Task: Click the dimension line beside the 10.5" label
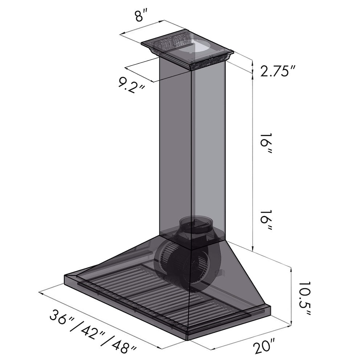291,296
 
